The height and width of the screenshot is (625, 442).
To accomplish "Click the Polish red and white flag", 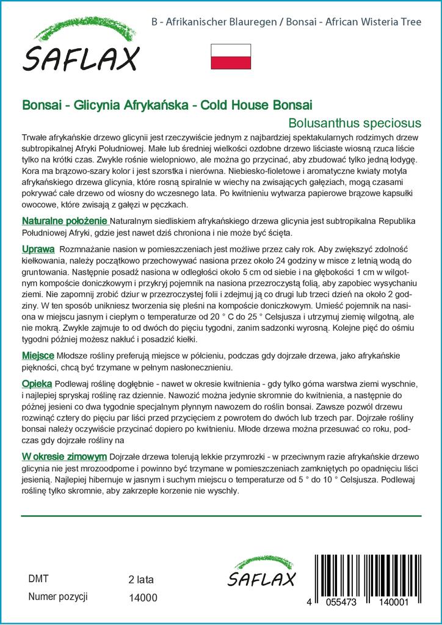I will [x=231, y=56].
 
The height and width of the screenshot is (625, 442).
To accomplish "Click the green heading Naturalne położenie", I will [x=65, y=220].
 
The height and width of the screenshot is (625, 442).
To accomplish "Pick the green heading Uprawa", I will [x=38, y=250].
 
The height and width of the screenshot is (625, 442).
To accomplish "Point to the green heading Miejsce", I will [x=38, y=355].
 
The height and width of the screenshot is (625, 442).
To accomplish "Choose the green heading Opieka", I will [x=37, y=385].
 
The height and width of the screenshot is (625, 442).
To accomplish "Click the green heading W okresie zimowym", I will [x=65, y=457].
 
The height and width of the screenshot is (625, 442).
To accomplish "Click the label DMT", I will [x=38, y=578].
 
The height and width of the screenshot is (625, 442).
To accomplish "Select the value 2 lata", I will [x=141, y=579].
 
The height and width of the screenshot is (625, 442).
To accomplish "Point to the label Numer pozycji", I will [x=59, y=596].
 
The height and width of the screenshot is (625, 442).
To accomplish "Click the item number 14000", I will [x=143, y=598].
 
